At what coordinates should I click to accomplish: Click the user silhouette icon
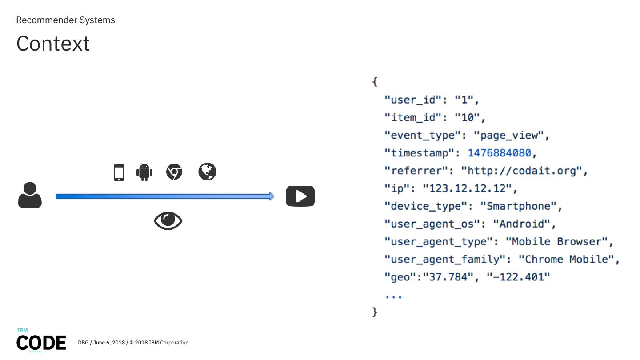30,195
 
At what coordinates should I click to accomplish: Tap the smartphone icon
119,172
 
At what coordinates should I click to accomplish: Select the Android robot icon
144,172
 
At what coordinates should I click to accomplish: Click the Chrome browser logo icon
174,172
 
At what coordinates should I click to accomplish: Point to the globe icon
207,172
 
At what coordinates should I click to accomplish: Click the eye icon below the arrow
168,221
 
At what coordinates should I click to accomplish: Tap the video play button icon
300,196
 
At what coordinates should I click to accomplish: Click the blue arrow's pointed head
271,196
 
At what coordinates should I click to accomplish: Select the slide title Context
53,44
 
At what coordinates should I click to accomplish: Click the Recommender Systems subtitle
65,20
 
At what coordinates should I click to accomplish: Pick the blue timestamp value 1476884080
499,153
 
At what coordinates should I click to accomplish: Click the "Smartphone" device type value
518,206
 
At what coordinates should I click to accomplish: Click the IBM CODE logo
41,341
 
